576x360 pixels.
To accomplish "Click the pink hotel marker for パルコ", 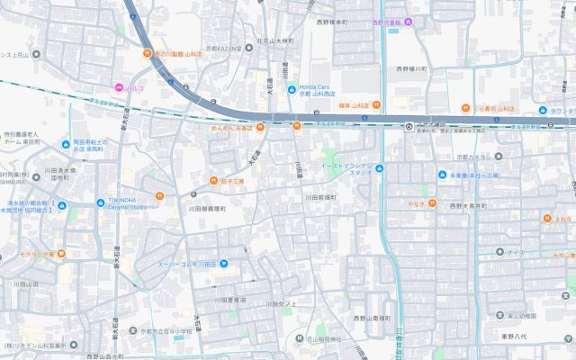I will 118,87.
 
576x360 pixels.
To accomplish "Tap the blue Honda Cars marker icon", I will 292,89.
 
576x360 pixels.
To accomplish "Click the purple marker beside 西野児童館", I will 409,22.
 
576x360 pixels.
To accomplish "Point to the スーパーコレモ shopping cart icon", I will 224,264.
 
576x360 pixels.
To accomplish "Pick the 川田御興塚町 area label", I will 211,209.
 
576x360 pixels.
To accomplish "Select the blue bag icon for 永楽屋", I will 442,175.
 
